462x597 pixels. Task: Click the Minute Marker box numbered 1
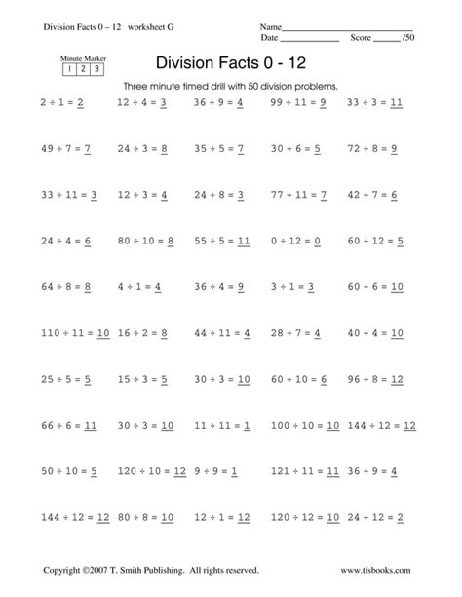coord(70,69)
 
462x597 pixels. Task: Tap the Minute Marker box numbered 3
coord(97,69)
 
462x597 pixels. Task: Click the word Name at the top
coord(270,25)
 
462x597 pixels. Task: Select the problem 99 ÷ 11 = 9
coord(298,101)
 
